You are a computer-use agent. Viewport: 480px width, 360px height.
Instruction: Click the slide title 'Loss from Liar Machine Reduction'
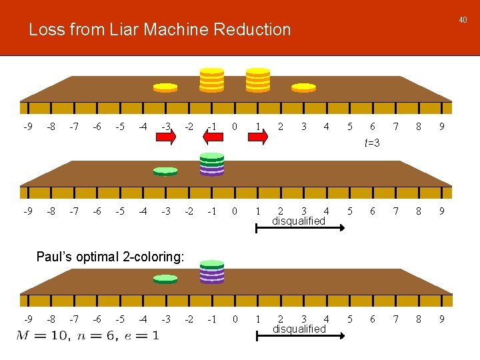[160, 30]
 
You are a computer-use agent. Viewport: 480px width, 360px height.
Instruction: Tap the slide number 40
[463, 20]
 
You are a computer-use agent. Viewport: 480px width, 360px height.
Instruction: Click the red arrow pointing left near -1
[212, 137]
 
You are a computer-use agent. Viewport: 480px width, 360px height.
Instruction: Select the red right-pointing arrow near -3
[165, 137]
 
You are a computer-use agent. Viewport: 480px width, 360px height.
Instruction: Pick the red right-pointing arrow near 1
[257, 137]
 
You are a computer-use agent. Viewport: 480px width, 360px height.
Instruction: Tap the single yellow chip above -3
[165, 87]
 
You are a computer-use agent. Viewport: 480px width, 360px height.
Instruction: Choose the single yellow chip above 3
[303, 87]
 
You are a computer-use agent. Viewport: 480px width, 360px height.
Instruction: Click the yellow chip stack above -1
[212, 79]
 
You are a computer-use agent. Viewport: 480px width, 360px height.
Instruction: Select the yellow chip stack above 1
[258, 79]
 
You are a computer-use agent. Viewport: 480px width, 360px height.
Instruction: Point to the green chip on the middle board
[165, 171]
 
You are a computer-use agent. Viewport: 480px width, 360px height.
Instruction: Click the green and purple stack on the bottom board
[212, 271]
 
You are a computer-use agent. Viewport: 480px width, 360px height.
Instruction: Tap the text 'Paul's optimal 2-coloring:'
[110, 257]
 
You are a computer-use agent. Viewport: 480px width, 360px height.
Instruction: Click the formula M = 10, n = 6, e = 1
[87, 335]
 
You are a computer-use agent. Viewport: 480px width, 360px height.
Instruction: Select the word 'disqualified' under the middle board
[299, 221]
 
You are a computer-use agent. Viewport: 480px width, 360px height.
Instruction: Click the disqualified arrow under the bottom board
[301, 337]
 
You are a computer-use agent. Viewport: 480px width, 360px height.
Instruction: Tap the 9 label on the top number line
[441, 127]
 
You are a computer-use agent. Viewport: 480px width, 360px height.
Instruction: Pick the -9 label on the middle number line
[27, 211]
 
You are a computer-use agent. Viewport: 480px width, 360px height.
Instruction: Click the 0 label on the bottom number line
[235, 319]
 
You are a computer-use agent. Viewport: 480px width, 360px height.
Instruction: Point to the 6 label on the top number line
[372, 127]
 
